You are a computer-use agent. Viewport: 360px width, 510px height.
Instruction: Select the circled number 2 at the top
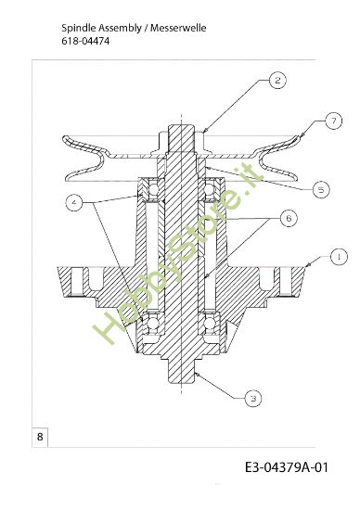pos(277,81)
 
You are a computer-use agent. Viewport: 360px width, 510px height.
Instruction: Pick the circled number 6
pos(288,218)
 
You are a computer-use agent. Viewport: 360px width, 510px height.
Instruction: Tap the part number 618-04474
pos(81,42)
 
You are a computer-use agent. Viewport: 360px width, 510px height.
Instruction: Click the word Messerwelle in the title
pos(175,29)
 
